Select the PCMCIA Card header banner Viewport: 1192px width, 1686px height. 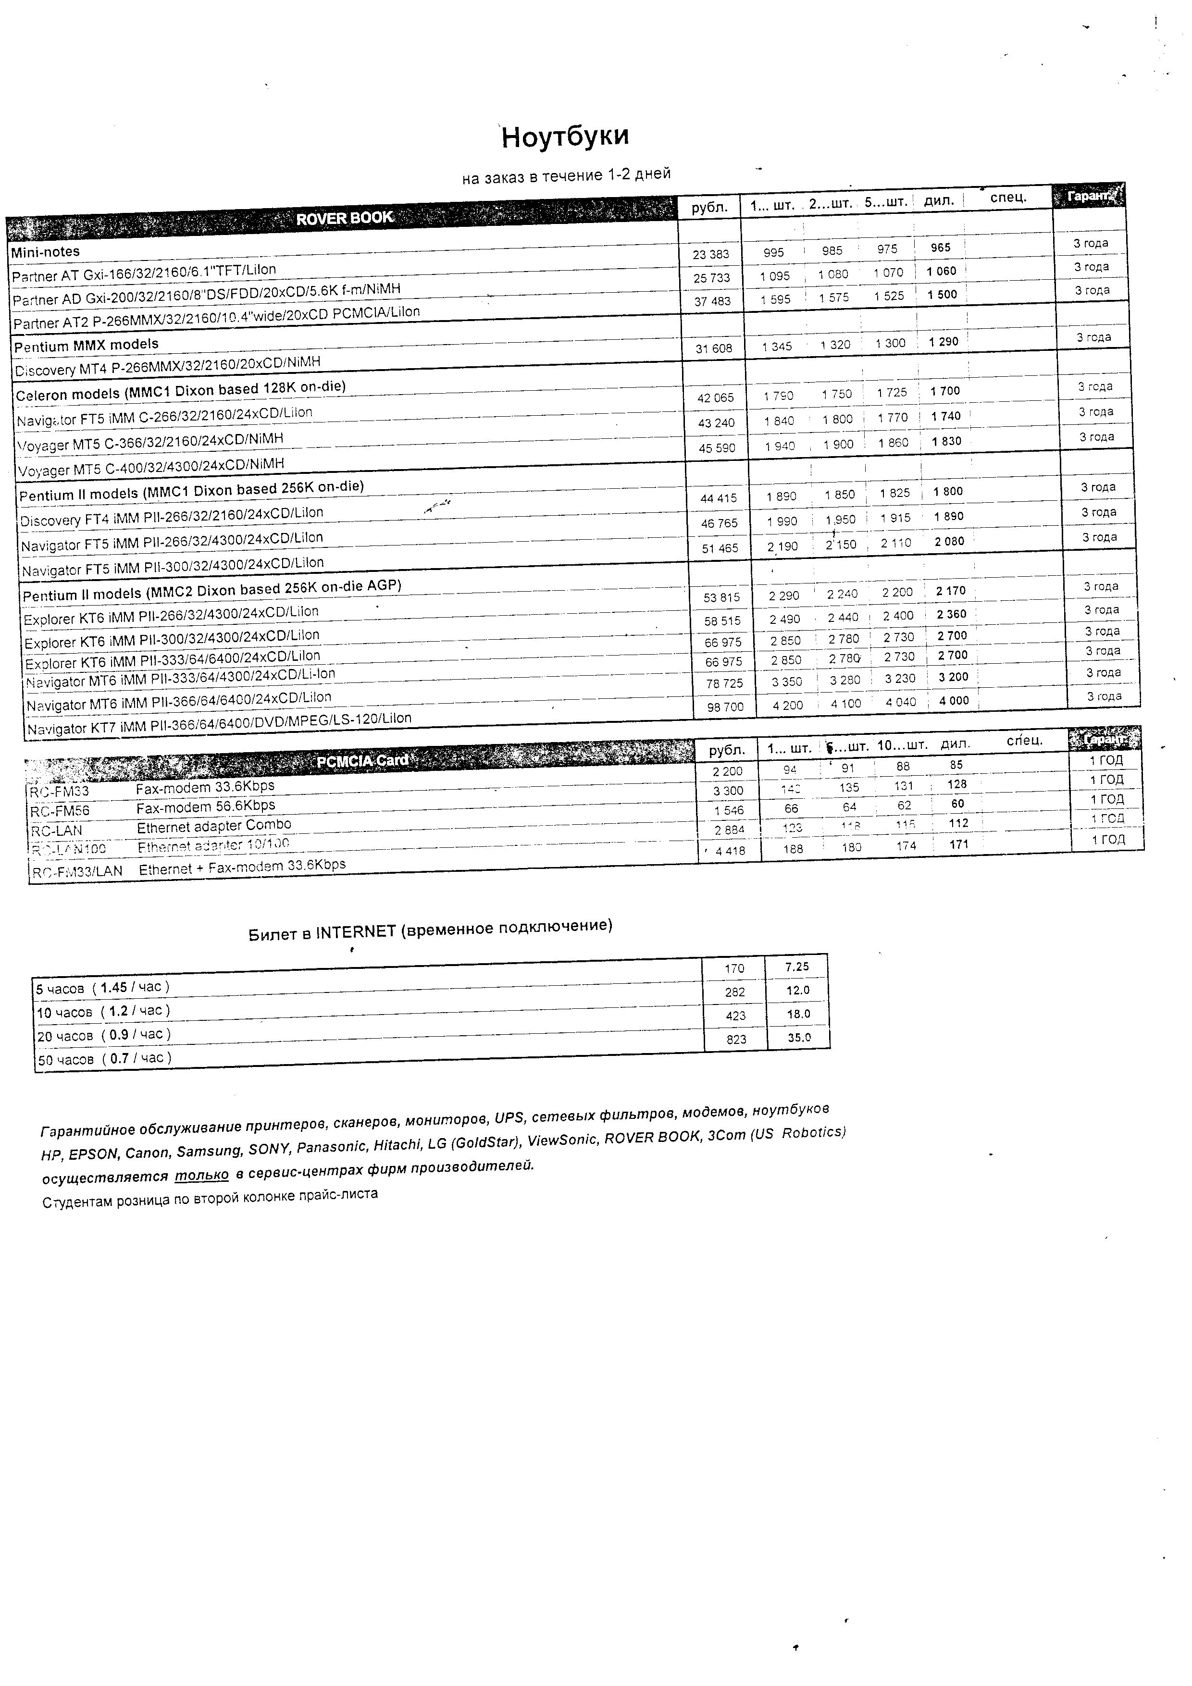362,761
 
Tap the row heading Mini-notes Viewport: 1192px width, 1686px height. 46,252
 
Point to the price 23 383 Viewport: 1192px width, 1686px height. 710,255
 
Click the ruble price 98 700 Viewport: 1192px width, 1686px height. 725,707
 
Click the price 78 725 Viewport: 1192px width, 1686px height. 723,683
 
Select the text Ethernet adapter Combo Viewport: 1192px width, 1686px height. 214,826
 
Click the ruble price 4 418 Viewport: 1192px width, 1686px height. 730,851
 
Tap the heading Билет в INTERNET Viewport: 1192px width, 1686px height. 430,929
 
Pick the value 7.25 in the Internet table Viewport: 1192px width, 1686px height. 797,967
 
